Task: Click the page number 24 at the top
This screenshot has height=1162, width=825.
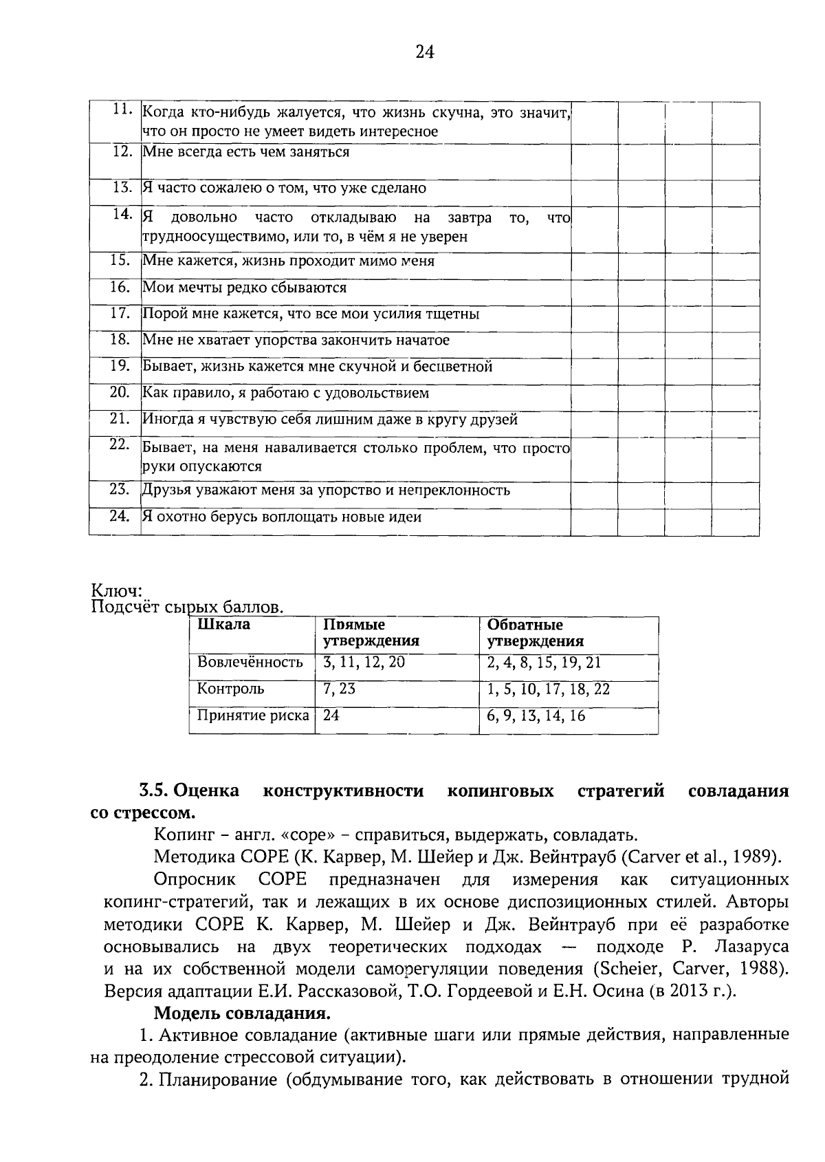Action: click(x=425, y=52)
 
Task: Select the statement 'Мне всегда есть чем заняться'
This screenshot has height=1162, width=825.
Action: click(x=245, y=152)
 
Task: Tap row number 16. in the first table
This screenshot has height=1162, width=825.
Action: click(x=121, y=287)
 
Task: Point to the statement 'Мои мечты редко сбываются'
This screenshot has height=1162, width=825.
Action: click(x=244, y=288)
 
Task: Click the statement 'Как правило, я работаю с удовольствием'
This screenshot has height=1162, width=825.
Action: click(x=285, y=393)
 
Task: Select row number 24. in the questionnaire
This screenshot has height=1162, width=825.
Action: click(x=121, y=516)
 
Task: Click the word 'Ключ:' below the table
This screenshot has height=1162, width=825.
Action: click(x=116, y=591)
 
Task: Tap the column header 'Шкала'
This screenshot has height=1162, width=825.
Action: click(x=223, y=625)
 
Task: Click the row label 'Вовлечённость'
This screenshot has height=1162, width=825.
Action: click(x=250, y=663)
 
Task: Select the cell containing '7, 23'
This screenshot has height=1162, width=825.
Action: click(x=339, y=689)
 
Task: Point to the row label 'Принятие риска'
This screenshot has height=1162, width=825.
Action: click(x=252, y=716)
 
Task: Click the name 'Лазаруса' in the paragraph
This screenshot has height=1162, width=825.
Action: click(x=751, y=947)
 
